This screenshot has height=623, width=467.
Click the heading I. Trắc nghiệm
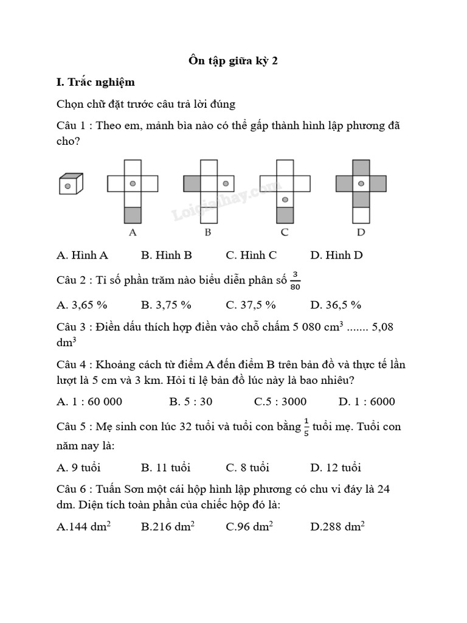coord(95,82)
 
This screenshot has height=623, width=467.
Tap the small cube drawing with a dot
coord(70,184)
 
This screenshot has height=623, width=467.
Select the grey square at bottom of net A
coord(133,215)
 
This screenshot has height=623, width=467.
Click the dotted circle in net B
coord(225,183)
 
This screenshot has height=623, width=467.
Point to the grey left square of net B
coord(192,183)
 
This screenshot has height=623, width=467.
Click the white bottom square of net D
coord(361,215)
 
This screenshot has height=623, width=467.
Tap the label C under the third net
coord(285,232)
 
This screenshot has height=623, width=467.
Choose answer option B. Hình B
coord(166,255)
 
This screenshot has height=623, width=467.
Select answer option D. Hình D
coord(336,255)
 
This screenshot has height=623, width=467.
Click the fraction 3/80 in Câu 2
coord(296,282)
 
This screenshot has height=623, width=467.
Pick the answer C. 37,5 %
coord(251,304)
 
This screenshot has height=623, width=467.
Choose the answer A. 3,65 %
coord(81,304)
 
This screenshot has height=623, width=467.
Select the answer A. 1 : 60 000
coord(89,401)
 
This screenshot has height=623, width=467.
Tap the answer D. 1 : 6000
coord(367,401)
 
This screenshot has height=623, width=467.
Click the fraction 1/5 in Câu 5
coord(306,427)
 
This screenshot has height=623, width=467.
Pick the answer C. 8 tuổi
coord(247,467)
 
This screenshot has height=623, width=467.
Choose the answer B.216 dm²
coord(168,527)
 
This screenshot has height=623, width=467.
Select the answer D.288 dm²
coord(337,527)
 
